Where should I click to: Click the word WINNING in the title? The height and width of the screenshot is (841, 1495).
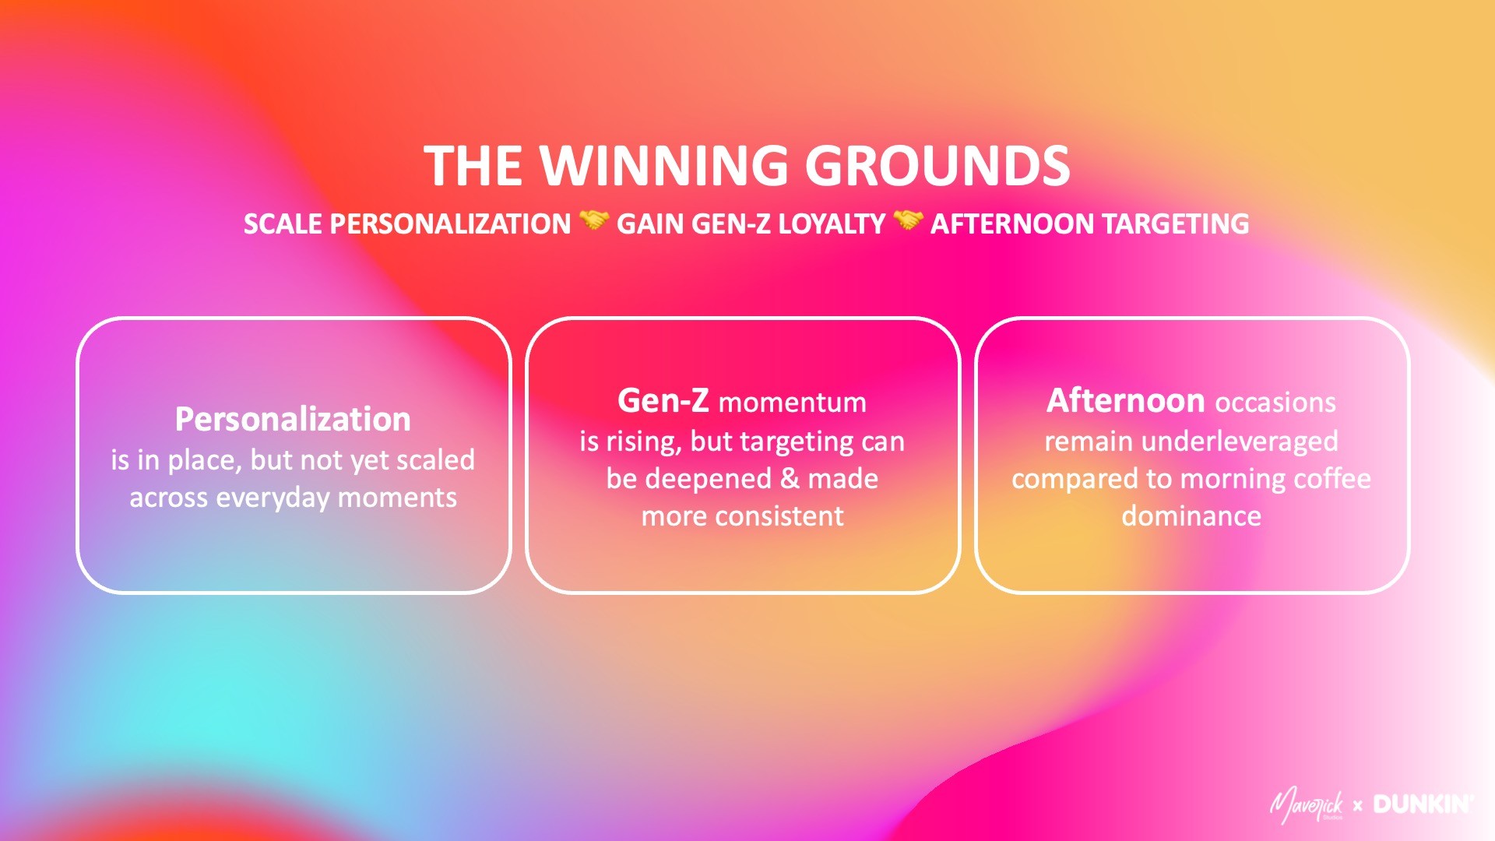point(664,166)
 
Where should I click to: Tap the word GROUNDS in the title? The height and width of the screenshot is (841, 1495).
point(937,166)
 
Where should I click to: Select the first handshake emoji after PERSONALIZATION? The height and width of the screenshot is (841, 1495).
point(594,222)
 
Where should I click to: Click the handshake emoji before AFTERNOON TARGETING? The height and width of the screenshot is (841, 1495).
point(908,222)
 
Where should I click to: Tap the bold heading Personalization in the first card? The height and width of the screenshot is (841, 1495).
point(293,419)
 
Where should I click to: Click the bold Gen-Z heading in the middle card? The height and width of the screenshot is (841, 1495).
point(663,401)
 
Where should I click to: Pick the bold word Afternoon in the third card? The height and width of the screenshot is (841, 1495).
point(1125,401)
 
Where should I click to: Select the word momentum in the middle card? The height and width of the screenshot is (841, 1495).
point(792,403)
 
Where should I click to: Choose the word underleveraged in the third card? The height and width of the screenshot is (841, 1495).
point(1240,441)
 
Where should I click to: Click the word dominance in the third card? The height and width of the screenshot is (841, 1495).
point(1191,516)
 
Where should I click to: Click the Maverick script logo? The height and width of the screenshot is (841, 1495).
point(1307,805)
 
